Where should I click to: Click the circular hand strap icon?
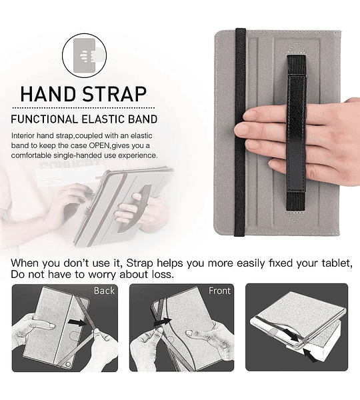click(x=84, y=55)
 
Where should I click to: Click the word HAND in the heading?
click(x=49, y=94)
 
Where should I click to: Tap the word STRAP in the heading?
click(x=115, y=94)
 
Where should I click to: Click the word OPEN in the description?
click(x=99, y=145)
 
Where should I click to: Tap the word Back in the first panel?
click(x=104, y=291)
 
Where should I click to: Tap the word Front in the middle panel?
click(x=219, y=291)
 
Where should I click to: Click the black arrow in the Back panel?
click(x=78, y=323)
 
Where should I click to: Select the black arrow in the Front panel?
click(x=163, y=321)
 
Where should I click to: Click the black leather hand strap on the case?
click(x=296, y=133)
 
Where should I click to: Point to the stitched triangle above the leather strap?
click(x=296, y=49)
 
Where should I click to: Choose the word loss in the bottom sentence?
click(x=163, y=275)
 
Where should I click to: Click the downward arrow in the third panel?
click(x=292, y=335)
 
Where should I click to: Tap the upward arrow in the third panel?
click(x=310, y=355)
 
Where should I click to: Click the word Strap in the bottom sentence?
click(x=139, y=263)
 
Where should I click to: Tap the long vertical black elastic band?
click(x=240, y=132)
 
